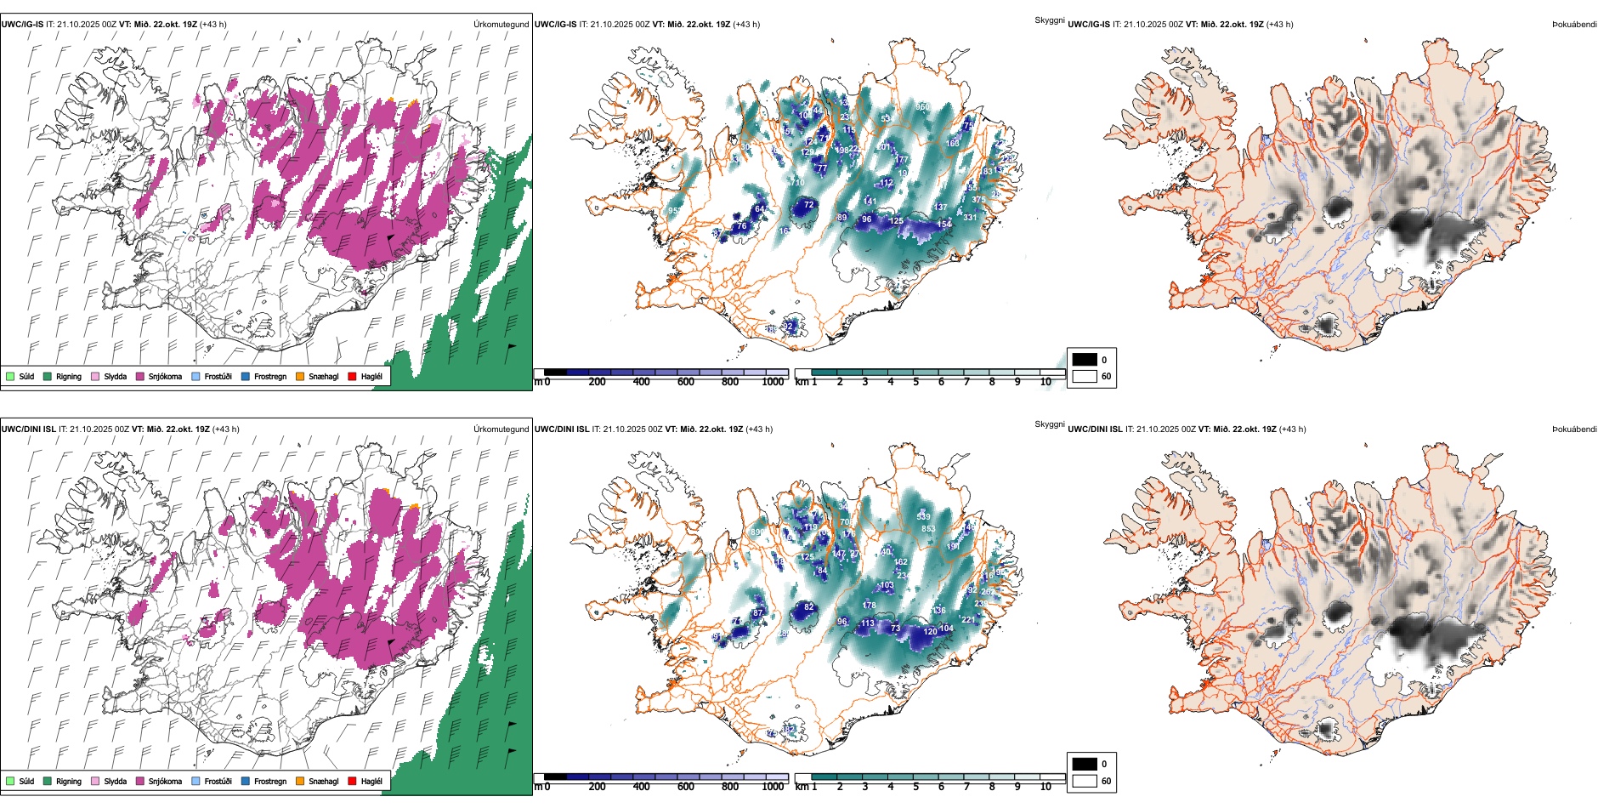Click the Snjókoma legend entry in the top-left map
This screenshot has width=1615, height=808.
click(165, 376)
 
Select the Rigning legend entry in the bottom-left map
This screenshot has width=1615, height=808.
click(68, 781)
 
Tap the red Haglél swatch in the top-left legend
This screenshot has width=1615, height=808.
click(352, 376)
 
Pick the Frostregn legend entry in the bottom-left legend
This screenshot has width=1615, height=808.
click(269, 781)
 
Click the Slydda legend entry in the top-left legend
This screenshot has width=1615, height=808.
click(115, 376)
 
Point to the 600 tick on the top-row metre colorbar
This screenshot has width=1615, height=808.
click(686, 382)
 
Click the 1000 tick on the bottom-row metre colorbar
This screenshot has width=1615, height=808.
click(773, 787)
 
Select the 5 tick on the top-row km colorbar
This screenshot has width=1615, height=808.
click(915, 382)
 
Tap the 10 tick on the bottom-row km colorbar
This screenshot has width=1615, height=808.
click(1045, 787)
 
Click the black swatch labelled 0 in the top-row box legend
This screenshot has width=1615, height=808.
click(1085, 360)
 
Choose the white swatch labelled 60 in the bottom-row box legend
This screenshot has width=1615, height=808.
click(1085, 781)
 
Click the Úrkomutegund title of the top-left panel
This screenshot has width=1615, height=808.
click(501, 25)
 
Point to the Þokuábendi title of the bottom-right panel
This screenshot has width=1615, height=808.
click(1574, 430)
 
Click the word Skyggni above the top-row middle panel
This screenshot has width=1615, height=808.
click(1049, 20)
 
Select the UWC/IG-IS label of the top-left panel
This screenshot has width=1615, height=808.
click(22, 25)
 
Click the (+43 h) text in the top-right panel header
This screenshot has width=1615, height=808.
click(1279, 25)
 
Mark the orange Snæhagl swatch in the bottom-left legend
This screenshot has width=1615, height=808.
click(301, 781)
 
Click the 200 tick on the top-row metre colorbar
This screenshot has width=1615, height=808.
click(598, 382)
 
